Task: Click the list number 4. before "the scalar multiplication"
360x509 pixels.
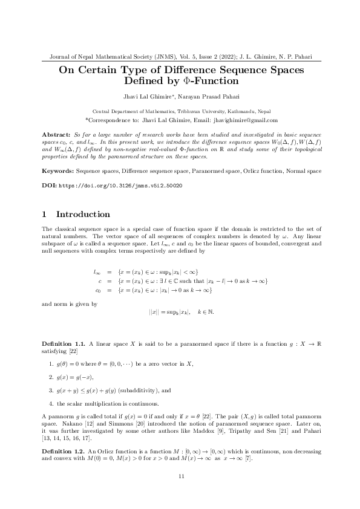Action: (52, 403)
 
